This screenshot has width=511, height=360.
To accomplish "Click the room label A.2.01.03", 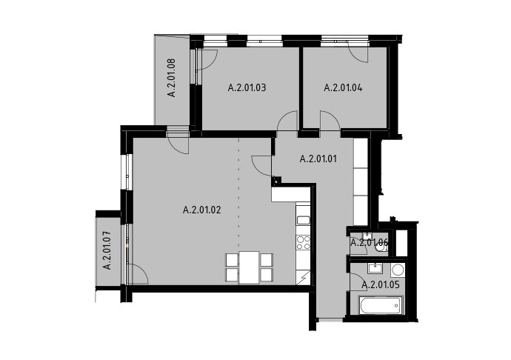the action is (247, 87).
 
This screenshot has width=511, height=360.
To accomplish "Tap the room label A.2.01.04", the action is (343, 87).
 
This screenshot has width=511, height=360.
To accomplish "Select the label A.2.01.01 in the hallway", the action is (318, 159).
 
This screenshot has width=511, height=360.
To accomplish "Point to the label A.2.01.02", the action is (202, 210).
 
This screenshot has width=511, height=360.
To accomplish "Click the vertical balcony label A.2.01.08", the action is (172, 78).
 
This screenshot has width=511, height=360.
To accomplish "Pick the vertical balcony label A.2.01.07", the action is (107, 250).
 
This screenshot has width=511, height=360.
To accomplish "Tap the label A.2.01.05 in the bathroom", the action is (381, 285).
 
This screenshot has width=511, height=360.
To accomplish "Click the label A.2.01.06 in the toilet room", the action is (370, 242).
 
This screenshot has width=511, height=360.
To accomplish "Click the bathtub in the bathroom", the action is (381, 305).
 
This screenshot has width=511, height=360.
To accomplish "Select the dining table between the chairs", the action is (250, 267).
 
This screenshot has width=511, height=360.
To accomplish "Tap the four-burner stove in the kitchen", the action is (303, 243).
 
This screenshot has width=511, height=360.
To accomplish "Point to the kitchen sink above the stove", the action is (304, 220).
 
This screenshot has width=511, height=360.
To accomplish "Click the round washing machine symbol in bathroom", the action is (397, 270).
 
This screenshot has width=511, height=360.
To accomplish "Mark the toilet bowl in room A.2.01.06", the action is (381, 248).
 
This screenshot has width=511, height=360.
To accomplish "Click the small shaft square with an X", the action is (277, 180).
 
